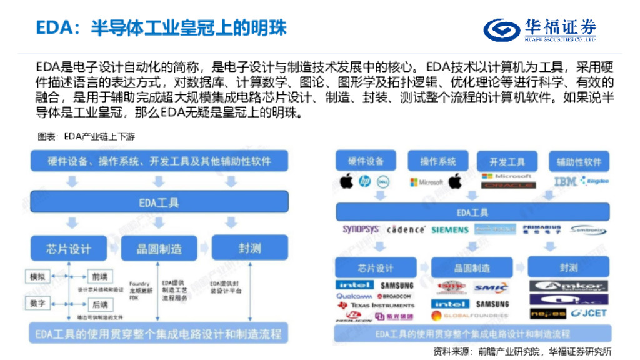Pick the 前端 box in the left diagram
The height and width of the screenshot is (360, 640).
[x=98, y=277]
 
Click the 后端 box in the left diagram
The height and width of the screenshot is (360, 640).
[x=98, y=304]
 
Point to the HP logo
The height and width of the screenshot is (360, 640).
[x=364, y=182]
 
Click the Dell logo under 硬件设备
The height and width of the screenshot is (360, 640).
[x=382, y=182]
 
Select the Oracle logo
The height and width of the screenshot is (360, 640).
[x=508, y=186]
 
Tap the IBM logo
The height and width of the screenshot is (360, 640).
[x=565, y=181]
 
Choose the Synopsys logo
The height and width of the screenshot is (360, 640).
[x=361, y=229]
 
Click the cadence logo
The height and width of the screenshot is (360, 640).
[x=406, y=230]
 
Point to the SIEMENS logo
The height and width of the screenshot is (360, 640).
[x=449, y=230]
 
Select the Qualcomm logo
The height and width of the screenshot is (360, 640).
[x=354, y=296]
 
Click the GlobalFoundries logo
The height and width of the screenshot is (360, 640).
[x=478, y=316]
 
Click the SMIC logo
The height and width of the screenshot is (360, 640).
[x=491, y=287]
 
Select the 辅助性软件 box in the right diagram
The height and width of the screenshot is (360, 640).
[x=579, y=162]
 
